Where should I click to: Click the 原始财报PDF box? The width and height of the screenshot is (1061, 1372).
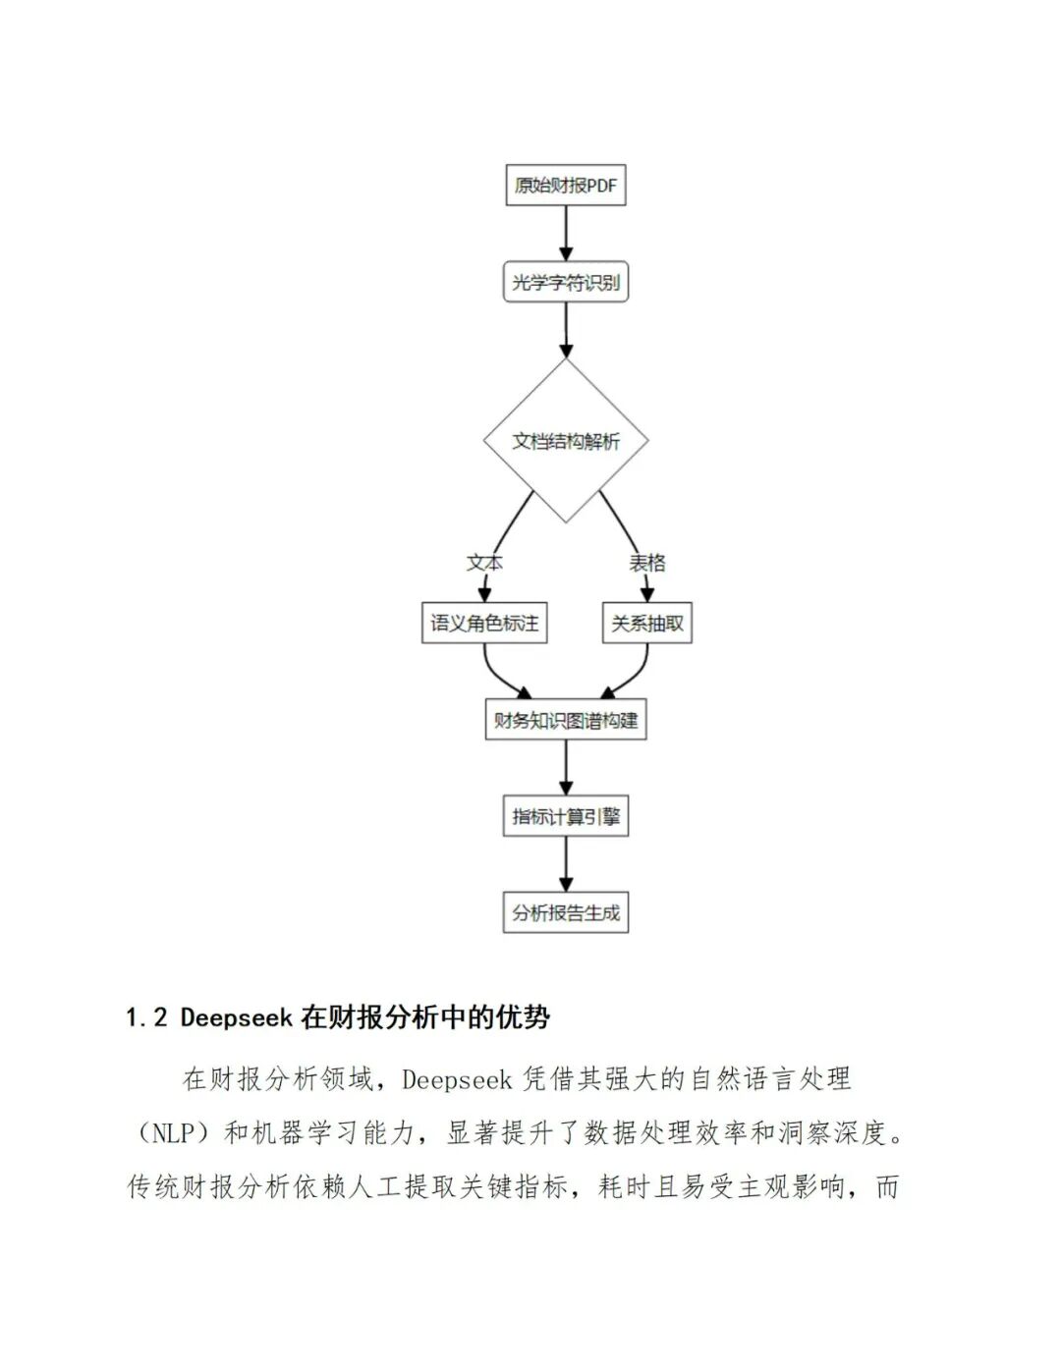pyautogui.click(x=566, y=185)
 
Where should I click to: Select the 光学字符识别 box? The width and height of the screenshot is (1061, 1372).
pyautogui.click(x=566, y=283)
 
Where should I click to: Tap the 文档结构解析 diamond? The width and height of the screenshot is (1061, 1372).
pyautogui.click(x=566, y=441)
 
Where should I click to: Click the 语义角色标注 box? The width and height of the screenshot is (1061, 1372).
pyautogui.click(x=484, y=623)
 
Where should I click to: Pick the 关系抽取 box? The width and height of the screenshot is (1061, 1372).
pyautogui.click(x=647, y=623)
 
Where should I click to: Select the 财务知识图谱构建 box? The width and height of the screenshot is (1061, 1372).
pyautogui.click(x=566, y=720)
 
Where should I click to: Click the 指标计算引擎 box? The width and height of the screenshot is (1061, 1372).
pyautogui.click(x=566, y=816)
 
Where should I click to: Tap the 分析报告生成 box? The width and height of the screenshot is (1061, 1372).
pyautogui.click(x=566, y=912)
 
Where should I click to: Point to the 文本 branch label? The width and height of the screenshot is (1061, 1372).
pyautogui.click(x=484, y=563)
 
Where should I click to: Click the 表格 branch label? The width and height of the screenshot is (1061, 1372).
pyautogui.click(x=647, y=563)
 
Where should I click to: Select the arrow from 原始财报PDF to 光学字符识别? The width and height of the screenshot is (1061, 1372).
pyautogui.click(x=566, y=234)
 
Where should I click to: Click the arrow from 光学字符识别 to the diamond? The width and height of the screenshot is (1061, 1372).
pyautogui.click(x=566, y=330)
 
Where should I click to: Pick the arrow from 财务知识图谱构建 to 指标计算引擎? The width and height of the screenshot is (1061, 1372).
pyautogui.click(x=566, y=768)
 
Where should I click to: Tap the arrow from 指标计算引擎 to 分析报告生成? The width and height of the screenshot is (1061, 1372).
pyautogui.click(x=566, y=864)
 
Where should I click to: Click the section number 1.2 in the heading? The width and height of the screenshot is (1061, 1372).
pyautogui.click(x=147, y=1017)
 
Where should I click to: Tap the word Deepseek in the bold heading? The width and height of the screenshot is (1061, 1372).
pyautogui.click(x=237, y=1017)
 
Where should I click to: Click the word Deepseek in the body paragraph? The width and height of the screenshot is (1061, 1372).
pyautogui.click(x=457, y=1080)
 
